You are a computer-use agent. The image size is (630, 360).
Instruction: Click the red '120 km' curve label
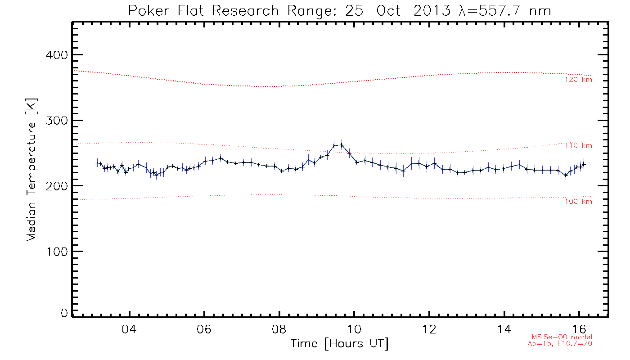(x=579, y=80)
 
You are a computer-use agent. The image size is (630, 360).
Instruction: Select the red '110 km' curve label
(x=579, y=146)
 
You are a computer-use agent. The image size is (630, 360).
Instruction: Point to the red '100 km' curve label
(x=579, y=202)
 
